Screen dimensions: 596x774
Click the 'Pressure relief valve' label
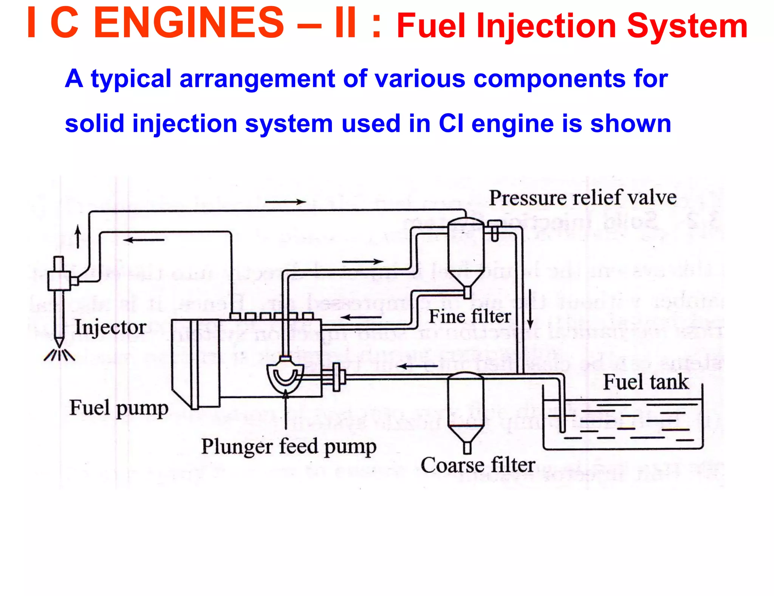(582, 198)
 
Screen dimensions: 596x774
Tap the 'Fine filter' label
(469, 317)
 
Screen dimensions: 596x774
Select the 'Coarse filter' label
(478, 465)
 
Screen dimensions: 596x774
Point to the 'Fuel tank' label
(646, 382)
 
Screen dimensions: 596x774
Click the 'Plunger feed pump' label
(289, 447)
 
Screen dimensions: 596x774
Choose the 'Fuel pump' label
(119, 409)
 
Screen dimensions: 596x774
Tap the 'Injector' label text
(110, 327)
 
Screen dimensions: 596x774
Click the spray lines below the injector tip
(59, 355)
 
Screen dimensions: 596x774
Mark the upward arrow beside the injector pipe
(78, 237)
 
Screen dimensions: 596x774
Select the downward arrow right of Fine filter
(530, 309)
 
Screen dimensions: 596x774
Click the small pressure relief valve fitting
(494, 230)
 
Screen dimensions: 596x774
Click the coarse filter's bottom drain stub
(467, 448)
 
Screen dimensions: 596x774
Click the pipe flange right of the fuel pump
(336, 377)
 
